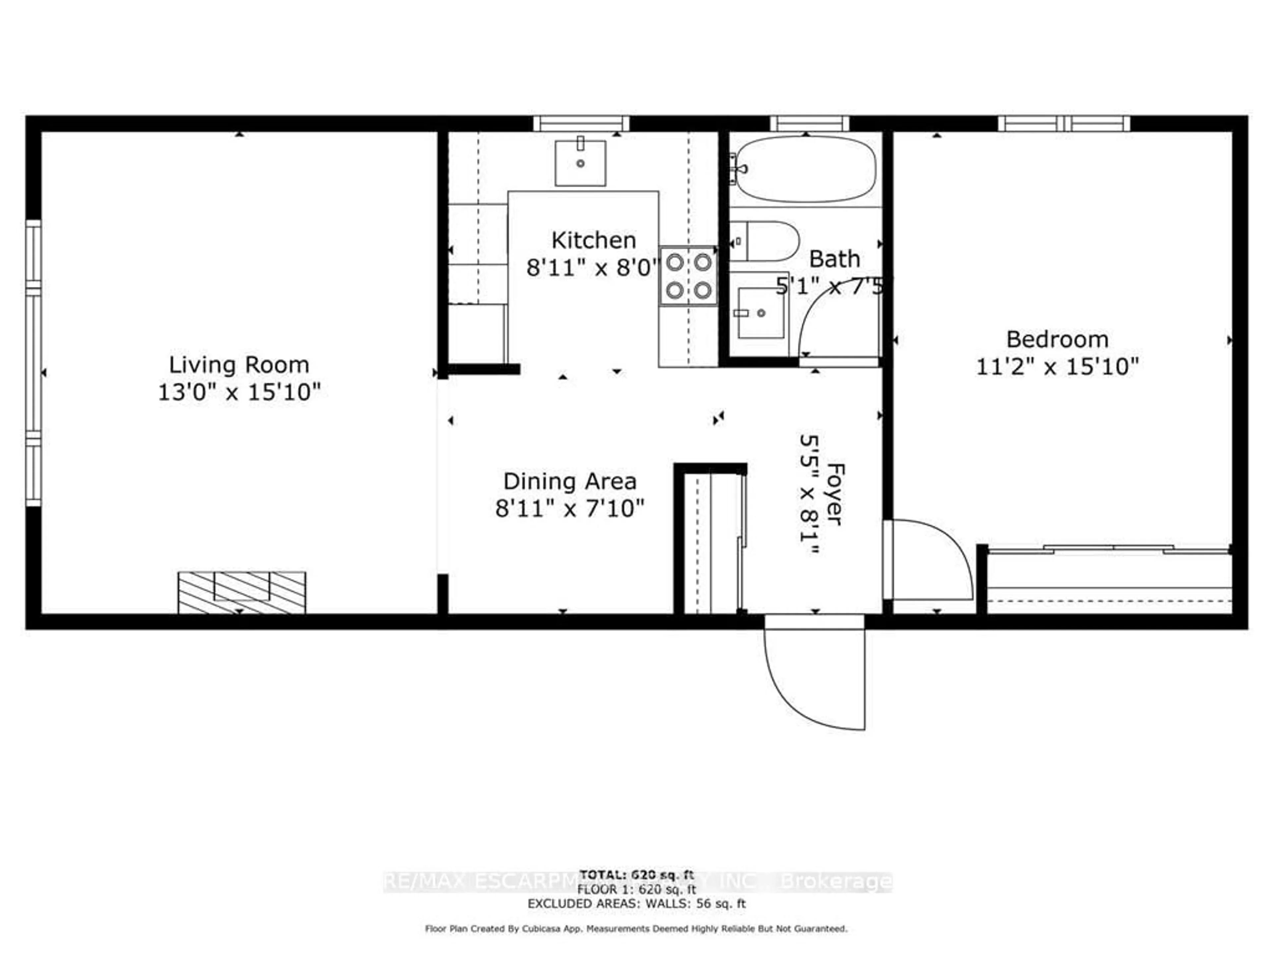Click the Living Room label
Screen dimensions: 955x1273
pos(239,365)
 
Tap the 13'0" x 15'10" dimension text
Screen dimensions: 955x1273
pos(239,393)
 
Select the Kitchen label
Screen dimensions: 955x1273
pos(593,240)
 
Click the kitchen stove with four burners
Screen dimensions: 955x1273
pos(688,276)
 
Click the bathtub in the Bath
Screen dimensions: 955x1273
pos(806,169)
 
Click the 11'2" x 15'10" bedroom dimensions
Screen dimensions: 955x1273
pos(1057,367)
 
